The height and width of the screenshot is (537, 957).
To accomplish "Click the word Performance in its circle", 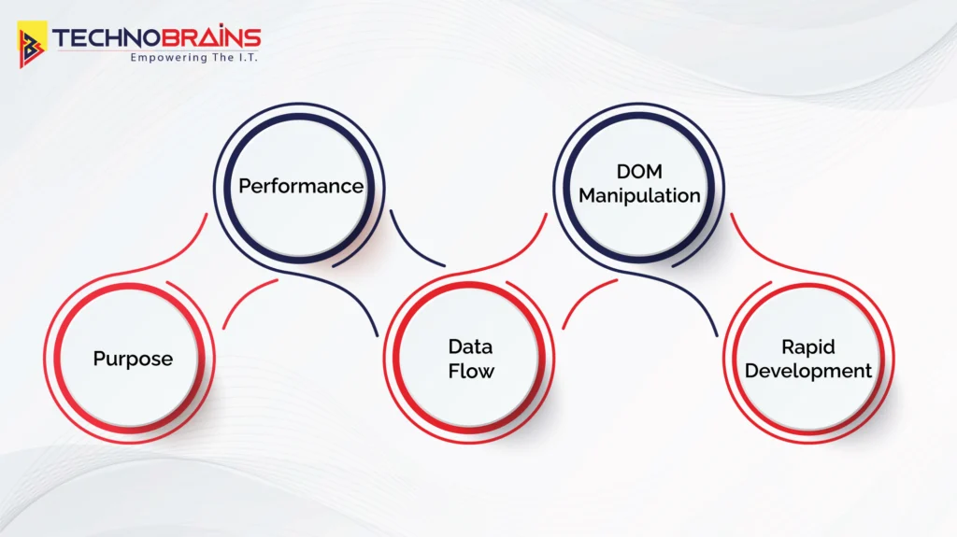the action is pyautogui.click(x=301, y=186).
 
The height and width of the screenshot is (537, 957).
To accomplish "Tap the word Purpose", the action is pyautogui.click(x=133, y=359).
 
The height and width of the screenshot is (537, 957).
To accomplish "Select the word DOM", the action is pyautogui.click(x=639, y=172).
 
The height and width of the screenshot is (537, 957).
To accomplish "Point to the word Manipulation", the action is pyautogui.click(x=639, y=196).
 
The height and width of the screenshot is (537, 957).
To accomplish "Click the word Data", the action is pyautogui.click(x=470, y=346).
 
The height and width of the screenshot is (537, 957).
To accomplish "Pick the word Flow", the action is pyautogui.click(x=471, y=371).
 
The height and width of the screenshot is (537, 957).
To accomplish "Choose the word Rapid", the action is pyautogui.click(x=808, y=347).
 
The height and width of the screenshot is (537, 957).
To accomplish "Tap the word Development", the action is pyautogui.click(x=808, y=371).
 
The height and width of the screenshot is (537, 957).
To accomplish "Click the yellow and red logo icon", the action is pyautogui.click(x=32, y=44).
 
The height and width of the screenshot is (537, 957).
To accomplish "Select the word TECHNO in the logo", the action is pyautogui.click(x=107, y=38).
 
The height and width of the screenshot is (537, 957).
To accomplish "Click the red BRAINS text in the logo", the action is pyautogui.click(x=212, y=38).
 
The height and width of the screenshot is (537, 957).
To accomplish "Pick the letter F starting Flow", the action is pyautogui.click(x=454, y=371).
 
